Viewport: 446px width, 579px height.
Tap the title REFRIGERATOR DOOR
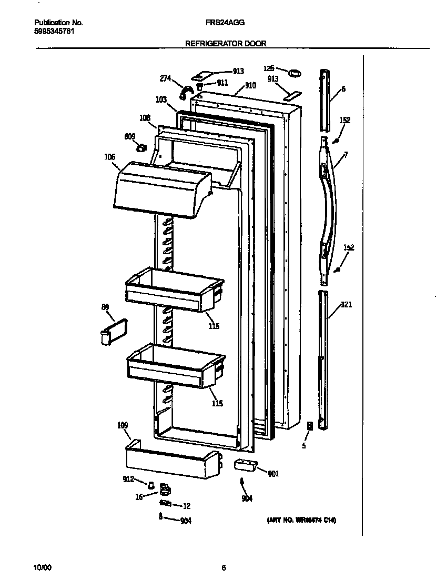tap(226, 44)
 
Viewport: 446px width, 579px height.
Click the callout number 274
tap(166, 78)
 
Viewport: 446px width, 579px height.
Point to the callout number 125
tap(269, 68)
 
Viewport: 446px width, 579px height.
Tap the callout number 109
tap(123, 425)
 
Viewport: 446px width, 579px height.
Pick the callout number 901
tap(273, 474)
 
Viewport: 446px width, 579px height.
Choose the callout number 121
tap(347, 304)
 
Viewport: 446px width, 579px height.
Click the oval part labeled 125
tap(296, 71)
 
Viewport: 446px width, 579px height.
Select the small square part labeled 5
tap(310, 426)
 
